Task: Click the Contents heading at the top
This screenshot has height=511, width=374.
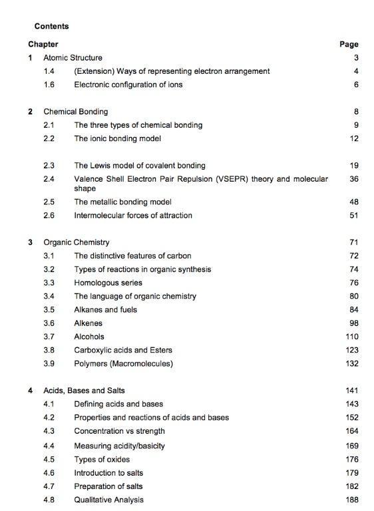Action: pos(51,26)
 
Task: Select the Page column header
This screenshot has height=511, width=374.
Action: pos(349,45)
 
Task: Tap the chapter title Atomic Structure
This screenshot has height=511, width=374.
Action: pos(73,58)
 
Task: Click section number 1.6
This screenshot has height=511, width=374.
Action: pos(49,85)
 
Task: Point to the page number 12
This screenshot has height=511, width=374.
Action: pos(354,138)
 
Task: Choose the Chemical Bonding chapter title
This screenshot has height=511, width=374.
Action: pos(75,112)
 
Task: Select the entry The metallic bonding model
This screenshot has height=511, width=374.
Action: pos(122,202)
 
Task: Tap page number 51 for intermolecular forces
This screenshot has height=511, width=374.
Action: pos(354,215)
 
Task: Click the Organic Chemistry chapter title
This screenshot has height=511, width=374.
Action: pos(76,242)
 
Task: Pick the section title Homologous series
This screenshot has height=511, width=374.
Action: pos(108,283)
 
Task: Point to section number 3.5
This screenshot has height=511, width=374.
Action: pos(49,309)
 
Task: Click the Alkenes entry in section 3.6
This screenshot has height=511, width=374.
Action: pos(88,323)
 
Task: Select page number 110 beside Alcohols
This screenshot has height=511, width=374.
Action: pos(352,337)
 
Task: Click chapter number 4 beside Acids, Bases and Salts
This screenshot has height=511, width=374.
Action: pos(31,391)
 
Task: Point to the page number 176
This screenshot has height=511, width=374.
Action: pos(352,459)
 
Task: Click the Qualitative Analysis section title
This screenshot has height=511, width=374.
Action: pos(108,500)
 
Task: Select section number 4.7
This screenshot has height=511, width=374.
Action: pos(49,486)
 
